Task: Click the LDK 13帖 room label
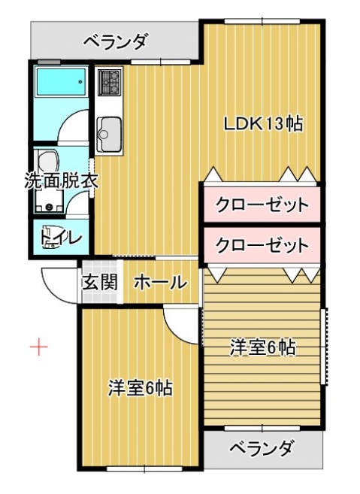[x=263, y=124]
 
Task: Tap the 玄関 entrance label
[x=100, y=282]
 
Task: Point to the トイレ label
[x=61, y=238]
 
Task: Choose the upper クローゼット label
[x=262, y=205]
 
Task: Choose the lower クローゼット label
[x=262, y=245]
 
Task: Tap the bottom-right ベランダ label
[x=262, y=447]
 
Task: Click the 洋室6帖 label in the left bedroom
[x=141, y=388]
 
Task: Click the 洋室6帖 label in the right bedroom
[x=262, y=347]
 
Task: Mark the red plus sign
[x=39, y=347]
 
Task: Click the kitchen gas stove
[x=110, y=82]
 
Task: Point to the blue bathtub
[x=61, y=81]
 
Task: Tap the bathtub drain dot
[x=80, y=82]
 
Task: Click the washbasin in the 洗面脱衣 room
[x=48, y=160]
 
